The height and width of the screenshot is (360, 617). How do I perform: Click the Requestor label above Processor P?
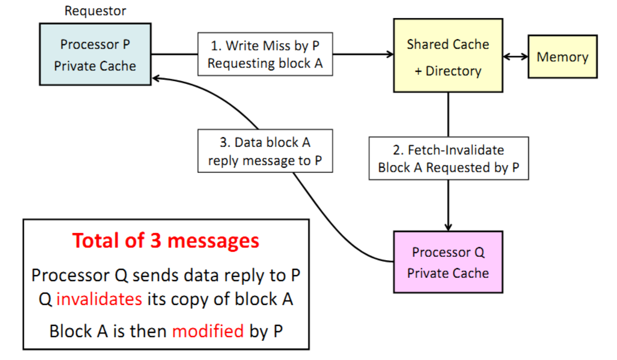[95, 11]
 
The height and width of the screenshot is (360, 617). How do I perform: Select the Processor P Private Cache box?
[95, 54]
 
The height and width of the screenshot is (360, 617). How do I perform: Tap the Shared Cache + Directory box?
[448, 56]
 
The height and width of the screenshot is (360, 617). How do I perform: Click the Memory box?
[563, 57]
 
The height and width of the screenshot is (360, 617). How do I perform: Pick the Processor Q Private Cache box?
[448, 262]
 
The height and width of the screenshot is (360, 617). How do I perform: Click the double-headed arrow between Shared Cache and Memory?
[515, 57]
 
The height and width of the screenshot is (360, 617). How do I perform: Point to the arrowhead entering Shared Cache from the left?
[390, 54]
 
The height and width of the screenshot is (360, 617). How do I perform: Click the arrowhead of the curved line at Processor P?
[155, 78]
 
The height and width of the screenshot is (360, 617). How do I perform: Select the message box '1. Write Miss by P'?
[265, 54]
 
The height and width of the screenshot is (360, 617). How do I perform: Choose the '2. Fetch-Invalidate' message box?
[449, 158]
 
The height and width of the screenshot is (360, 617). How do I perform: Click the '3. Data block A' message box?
[265, 151]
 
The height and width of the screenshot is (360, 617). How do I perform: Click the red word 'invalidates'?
[99, 299]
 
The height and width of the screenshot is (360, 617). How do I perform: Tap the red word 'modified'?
[208, 331]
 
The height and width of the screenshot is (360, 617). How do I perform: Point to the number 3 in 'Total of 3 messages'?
[155, 240]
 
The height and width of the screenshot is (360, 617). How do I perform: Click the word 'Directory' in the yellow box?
[454, 71]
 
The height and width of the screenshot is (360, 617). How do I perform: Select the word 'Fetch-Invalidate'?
[456, 150]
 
